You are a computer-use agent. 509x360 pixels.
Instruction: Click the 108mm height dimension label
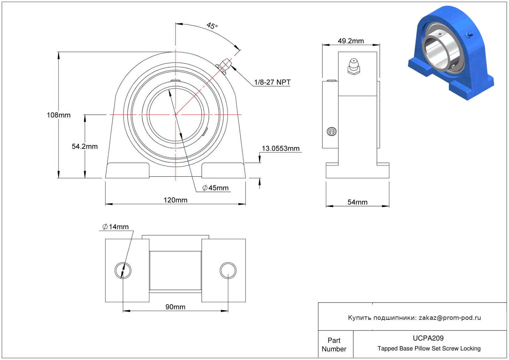(x=59, y=115)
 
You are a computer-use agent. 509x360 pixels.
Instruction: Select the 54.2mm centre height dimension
(x=85, y=146)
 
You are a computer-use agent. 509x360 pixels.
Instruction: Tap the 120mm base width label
(x=175, y=200)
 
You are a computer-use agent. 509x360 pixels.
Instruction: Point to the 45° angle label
(x=212, y=26)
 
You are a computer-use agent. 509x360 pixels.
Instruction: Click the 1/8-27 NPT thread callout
(x=272, y=82)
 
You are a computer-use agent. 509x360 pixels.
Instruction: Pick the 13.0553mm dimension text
(x=281, y=149)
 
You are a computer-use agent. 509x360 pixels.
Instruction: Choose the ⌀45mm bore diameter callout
(x=215, y=188)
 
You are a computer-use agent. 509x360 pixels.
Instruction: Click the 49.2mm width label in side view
(x=351, y=41)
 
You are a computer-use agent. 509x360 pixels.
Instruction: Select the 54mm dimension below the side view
(x=357, y=202)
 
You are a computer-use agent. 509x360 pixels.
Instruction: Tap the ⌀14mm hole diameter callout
(x=116, y=227)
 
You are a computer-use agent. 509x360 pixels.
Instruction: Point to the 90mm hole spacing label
(x=175, y=307)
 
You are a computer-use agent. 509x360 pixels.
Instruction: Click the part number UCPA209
(x=428, y=338)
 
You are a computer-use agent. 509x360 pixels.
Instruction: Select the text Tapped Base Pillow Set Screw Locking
(x=429, y=349)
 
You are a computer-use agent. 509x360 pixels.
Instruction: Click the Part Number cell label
(x=334, y=345)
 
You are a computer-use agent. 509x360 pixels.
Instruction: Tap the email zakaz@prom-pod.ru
(x=450, y=318)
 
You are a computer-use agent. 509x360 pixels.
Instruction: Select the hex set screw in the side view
(x=332, y=132)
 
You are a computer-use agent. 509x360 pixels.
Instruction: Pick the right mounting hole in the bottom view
(x=228, y=270)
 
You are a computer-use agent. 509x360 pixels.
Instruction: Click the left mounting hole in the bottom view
(x=123, y=270)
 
